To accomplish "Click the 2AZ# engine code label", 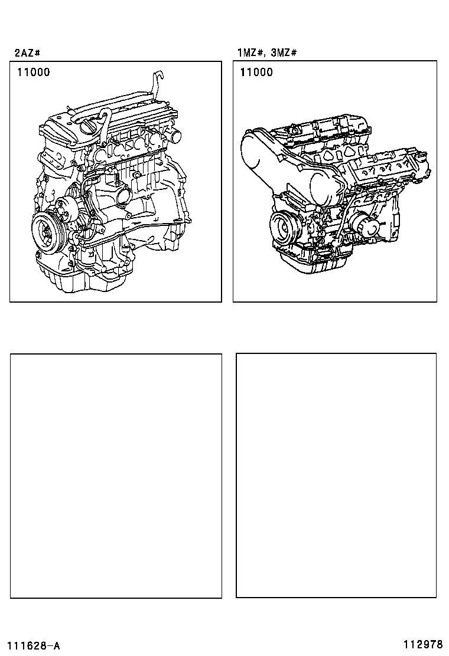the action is [x=27, y=53].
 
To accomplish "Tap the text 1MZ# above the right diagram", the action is [x=250, y=53].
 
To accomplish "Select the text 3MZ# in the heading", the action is [x=284, y=53].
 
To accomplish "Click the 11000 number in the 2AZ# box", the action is [x=34, y=73].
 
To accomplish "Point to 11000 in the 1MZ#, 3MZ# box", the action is [x=256, y=73].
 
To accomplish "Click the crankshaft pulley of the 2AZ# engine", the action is [x=47, y=231].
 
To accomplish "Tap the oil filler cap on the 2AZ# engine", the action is [x=92, y=126].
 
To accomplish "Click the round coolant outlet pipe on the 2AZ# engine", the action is [x=175, y=136].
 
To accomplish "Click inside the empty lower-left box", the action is [x=116, y=475].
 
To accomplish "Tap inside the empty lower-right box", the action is [x=336, y=475].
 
